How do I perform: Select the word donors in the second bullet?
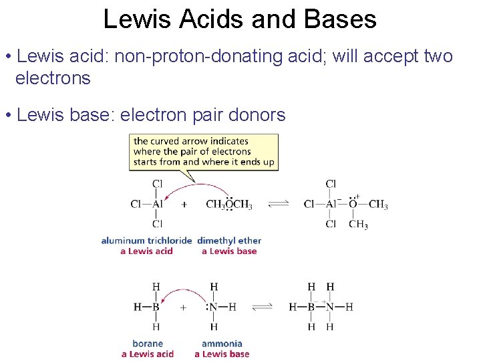(257, 115)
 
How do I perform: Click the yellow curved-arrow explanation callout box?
(203, 151)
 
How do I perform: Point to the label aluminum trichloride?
(146, 241)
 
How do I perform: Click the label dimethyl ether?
(229, 241)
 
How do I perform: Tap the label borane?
(148, 344)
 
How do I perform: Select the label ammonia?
(222, 344)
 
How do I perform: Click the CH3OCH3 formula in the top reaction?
(229, 205)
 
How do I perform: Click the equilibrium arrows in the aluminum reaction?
(279, 205)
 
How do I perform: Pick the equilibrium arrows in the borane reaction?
(263, 307)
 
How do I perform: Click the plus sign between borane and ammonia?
(183, 308)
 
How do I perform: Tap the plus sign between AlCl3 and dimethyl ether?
(184, 205)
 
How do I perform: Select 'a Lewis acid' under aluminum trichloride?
(146, 251)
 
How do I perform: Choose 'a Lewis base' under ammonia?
(222, 354)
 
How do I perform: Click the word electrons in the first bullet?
(53, 78)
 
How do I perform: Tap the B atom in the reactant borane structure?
(156, 308)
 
